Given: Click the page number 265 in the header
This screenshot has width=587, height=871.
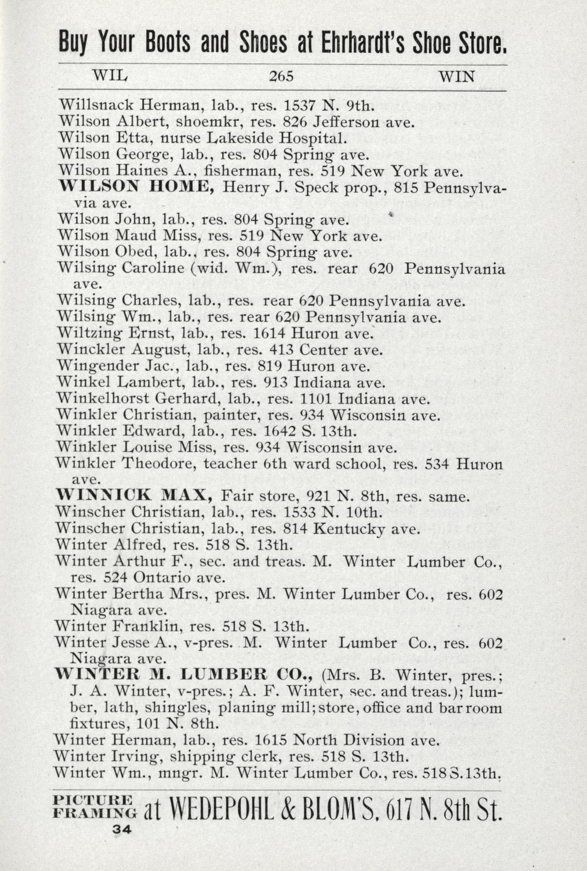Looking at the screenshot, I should pyautogui.click(x=280, y=77).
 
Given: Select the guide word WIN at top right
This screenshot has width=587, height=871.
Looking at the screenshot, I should pyautogui.click(x=457, y=77).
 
